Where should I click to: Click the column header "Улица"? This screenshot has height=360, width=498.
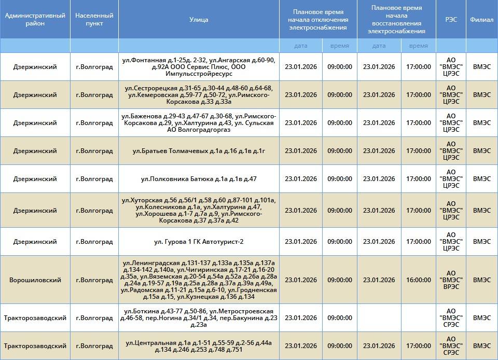pos(199,20)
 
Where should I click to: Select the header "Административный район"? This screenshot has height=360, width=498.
pos(35,20)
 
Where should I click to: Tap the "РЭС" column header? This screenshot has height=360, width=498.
pos(451,20)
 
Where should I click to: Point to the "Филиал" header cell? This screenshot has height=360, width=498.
pos(481,20)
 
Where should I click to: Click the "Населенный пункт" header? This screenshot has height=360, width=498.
pos(94,20)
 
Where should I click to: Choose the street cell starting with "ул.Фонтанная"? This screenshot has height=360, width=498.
pos(199,67)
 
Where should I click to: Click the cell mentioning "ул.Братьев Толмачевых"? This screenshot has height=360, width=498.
pos(199,151)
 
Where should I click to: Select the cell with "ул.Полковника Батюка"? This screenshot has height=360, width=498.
pos(199,179)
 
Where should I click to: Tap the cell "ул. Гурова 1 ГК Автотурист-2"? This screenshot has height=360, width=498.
pos(199,242)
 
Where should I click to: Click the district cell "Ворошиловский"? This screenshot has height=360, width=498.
pos(35,280)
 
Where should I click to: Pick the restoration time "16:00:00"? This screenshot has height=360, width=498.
pos(419,280)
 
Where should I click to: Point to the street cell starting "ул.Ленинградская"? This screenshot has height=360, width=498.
pos(199,280)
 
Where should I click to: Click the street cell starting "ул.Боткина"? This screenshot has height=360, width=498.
pos(199,318)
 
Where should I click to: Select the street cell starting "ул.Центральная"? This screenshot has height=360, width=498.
pos(199,346)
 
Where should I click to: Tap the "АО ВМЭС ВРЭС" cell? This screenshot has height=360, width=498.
pos(451,280)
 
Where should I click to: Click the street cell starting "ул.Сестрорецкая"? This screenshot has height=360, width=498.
pos(199,95)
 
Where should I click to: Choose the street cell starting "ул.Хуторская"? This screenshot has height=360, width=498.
pos(199,210)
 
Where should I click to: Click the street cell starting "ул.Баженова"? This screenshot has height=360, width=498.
pos(199,123)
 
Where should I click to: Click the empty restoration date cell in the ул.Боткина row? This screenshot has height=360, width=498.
pos(379,318)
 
